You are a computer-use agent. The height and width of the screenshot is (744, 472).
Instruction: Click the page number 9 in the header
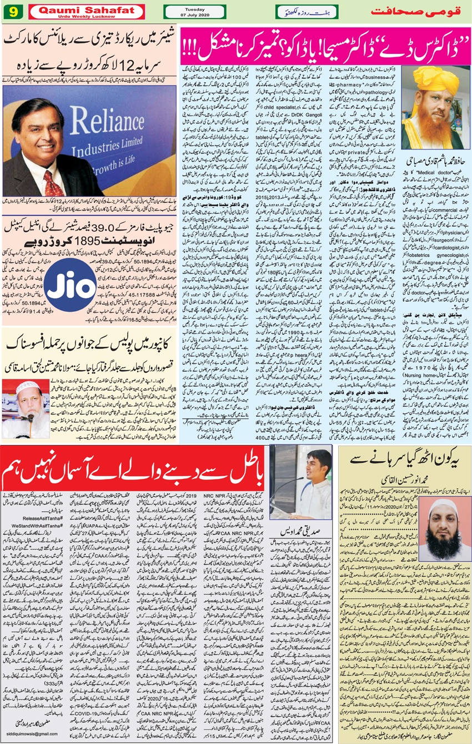(x=11, y=11)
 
